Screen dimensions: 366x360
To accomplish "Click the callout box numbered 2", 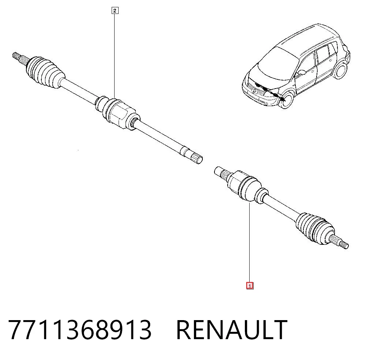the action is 115,11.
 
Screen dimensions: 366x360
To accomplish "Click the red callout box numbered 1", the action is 250,286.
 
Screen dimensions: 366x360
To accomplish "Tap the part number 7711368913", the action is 80,330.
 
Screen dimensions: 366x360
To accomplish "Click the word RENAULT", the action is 232,330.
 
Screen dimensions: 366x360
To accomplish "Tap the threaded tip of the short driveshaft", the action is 345,245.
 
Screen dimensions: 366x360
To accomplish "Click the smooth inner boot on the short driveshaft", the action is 250,189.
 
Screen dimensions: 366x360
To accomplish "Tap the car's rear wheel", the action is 341,70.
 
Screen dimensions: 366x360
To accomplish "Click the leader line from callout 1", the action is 250,243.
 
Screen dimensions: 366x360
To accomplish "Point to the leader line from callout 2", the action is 114,56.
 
